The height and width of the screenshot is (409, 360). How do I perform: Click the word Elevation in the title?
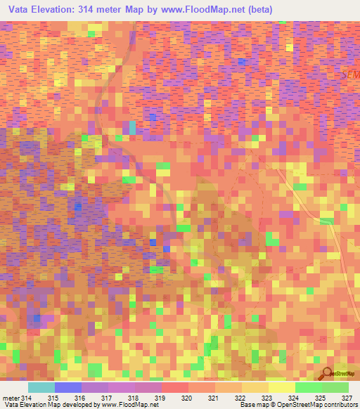point(56,9)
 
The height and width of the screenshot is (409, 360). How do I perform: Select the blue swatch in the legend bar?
point(68,388)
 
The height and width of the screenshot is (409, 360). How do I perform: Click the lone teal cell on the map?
point(132,127)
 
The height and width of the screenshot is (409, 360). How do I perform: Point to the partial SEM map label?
point(349,73)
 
